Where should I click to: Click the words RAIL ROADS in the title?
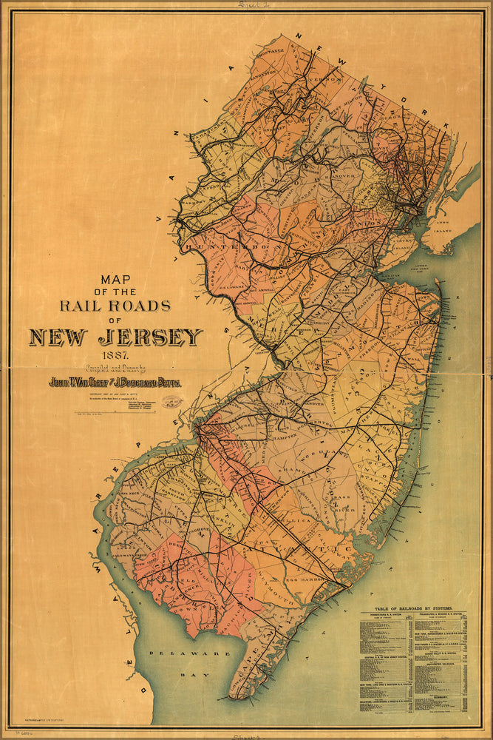[x=115, y=305]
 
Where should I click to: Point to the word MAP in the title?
[x=117, y=280]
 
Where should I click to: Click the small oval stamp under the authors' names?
[x=172, y=401]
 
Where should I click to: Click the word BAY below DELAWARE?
[x=180, y=675]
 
